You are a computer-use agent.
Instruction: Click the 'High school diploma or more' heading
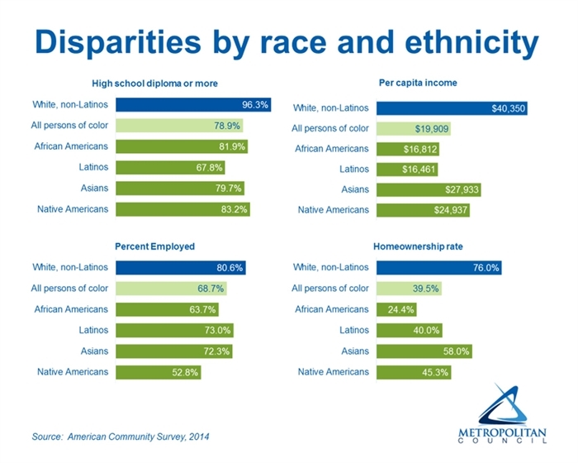[154, 83]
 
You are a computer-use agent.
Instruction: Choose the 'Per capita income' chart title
[418, 83]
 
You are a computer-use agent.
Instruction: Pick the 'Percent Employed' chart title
[154, 246]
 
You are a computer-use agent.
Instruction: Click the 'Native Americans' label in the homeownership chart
[334, 372]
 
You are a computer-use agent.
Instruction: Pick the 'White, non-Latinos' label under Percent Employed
[70, 267]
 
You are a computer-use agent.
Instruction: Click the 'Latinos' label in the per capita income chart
[353, 169]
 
